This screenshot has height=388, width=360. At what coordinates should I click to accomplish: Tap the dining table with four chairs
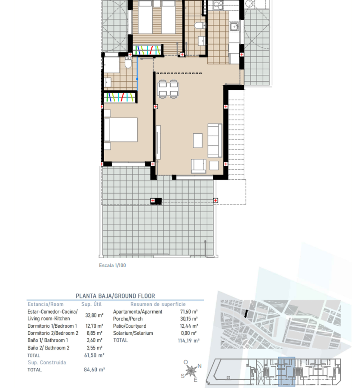[168, 89]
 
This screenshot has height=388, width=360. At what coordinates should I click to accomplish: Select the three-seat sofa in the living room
[215, 140]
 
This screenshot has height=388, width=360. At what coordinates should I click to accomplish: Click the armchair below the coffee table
[199, 165]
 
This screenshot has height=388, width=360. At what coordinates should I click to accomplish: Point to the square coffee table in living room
[198, 140]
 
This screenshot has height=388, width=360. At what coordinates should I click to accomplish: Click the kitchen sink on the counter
[235, 27]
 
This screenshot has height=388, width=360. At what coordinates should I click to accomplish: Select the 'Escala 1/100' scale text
[112, 265]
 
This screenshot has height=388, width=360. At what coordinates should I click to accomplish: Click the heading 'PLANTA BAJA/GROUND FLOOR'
[115, 296]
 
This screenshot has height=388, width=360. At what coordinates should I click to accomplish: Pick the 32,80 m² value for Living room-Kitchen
[94, 315]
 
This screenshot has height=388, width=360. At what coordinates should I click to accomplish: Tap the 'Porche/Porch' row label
[128, 319]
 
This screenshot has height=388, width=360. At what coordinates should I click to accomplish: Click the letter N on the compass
[200, 366]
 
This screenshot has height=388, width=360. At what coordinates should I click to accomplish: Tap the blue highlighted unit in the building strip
[287, 372]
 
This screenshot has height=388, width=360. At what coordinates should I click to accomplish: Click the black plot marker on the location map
[246, 314]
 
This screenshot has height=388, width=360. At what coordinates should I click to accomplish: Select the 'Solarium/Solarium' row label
[133, 333]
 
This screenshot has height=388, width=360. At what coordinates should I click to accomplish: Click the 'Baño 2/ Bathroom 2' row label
[49, 348]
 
